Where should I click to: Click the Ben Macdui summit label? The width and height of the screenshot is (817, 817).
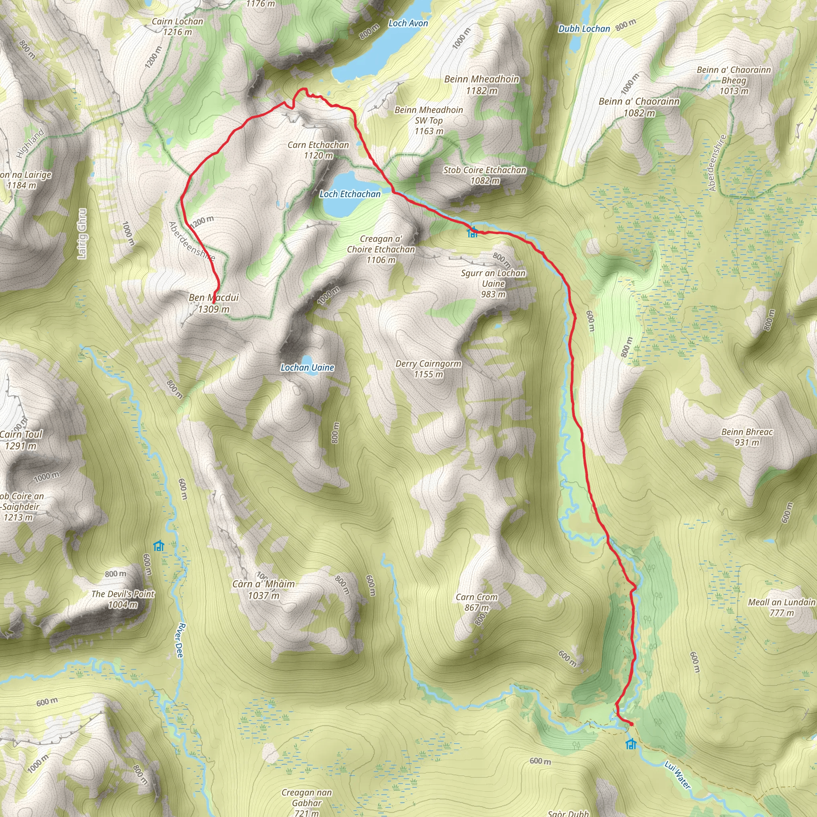click(214, 303)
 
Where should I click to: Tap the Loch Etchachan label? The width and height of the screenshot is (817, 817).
click(350, 194)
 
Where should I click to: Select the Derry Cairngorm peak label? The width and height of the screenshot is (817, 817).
click(428, 369)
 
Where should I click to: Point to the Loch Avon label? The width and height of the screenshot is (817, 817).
click(408, 24)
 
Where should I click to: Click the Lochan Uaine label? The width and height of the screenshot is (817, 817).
click(308, 367)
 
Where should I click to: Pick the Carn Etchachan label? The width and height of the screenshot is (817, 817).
click(318, 150)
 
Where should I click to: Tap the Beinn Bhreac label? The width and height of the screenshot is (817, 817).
click(747, 437)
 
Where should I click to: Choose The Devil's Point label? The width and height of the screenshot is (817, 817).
click(123, 599)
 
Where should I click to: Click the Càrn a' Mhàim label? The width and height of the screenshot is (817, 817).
click(263, 590)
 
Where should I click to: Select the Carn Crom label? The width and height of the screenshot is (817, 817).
click(477, 602)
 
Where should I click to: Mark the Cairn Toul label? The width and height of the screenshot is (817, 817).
click(21, 440)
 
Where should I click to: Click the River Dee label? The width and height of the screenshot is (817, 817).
click(181, 640)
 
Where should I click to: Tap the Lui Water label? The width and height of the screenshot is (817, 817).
click(677, 775)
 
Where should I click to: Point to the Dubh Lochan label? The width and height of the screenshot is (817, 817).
click(584, 29)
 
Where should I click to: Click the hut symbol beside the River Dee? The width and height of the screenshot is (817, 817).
click(159, 545)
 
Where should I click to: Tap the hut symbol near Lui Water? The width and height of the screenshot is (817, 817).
click(631, 744)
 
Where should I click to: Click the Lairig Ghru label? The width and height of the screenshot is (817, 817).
click(82, 233)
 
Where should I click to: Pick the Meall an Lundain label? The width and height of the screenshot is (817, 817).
click(781, 607)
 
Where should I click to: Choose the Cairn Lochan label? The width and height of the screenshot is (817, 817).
click(178, 26)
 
